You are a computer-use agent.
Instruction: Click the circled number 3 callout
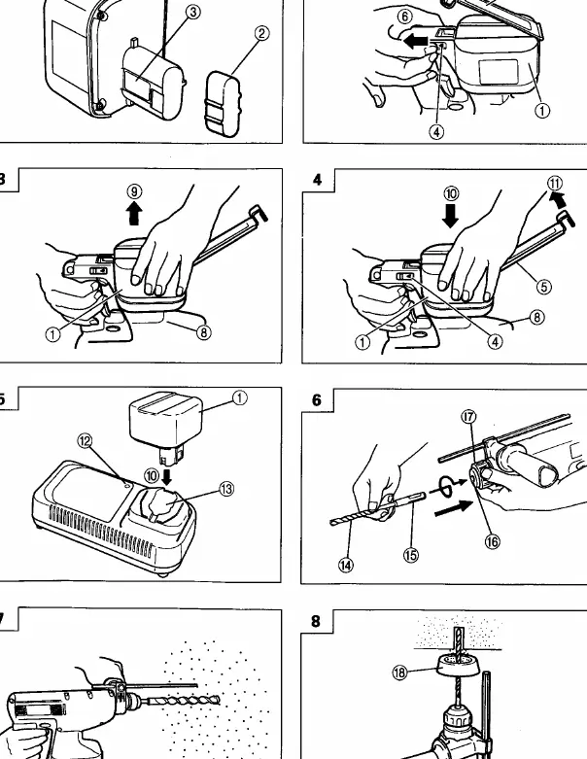[x=193, y=12]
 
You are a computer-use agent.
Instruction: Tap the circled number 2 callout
[x=261, y=33]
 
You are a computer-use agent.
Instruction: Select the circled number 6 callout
[x=405, y=17]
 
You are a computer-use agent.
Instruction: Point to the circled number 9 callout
[x=134, y=191]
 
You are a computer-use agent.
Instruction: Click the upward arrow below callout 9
[x=134, y=214]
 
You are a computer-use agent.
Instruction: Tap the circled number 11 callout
[x=555, y=184]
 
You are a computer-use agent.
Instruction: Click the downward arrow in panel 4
[x=451, y=216]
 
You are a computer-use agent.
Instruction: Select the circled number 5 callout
[x=544, y=287]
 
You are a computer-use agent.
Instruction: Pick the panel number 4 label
[x=317, y=180]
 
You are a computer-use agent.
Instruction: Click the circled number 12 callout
[x=85, y=441]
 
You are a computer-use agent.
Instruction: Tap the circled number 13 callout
[x=226, y=489]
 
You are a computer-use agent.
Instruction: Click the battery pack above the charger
[x=165, y=426]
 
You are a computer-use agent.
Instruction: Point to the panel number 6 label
[x=317, y=400]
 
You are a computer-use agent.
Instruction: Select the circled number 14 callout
[x=346, y=565]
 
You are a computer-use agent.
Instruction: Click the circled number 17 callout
[x=469, y=417]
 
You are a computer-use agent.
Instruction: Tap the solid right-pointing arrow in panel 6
[x=453, y=506]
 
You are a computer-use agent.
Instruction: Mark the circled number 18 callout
[x=399, y=673]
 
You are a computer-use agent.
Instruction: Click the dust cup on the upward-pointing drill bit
[x=459, y=664]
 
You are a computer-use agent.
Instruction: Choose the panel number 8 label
[x=316, y=621]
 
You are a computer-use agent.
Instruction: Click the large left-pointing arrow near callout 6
[x=416, y=41]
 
